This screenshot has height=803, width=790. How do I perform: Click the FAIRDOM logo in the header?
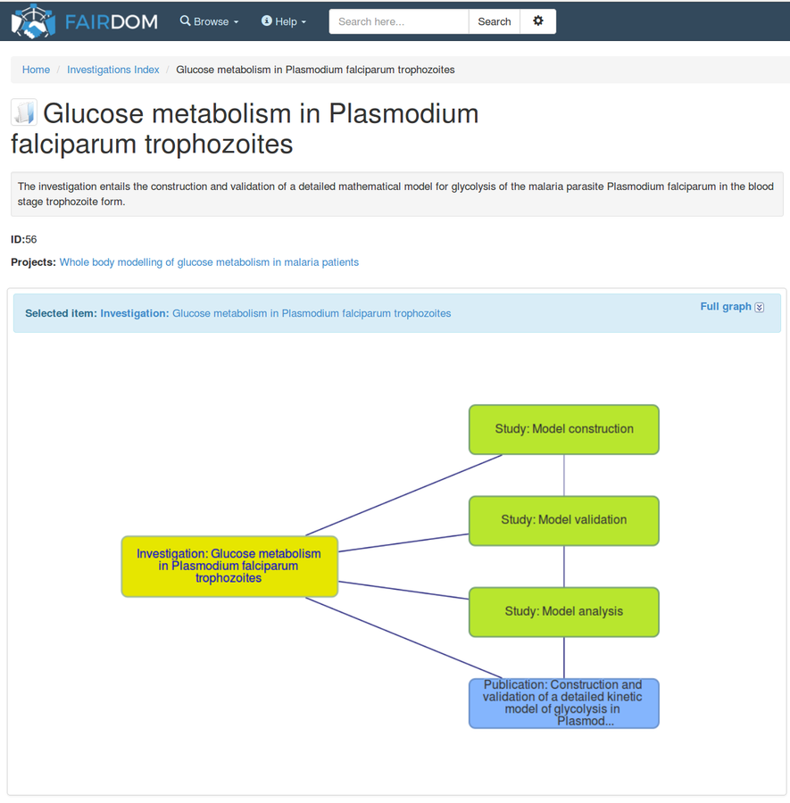tap(85, 21)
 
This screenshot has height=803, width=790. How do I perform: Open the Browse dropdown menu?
tap(210, 21)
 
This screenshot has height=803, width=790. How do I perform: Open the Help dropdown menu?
tap(284, 21)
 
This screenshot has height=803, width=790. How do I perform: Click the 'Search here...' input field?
tap(398, 21)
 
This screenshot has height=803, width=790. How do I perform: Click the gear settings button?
tap(537, 21)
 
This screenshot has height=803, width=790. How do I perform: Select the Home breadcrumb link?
tap(36, 70)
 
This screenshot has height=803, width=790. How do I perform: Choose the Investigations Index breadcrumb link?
tap(113, 70)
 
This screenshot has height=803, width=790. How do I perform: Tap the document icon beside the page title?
tap(24, 113)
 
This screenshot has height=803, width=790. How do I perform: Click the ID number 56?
tap(31, 239)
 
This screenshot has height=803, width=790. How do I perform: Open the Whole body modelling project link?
tap(209, 262)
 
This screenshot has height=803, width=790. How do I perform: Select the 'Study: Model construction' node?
tap(564, 429)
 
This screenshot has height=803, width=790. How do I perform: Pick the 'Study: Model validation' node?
tap(564, 520)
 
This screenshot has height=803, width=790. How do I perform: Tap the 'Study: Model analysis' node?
tap(564, 612)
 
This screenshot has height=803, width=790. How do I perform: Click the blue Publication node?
tap(564, 703)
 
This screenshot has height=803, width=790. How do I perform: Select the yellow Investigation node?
tap(229, 566)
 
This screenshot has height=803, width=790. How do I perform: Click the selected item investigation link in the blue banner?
tap(312, 313)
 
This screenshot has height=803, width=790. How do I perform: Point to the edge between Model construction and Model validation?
tap(564, 476)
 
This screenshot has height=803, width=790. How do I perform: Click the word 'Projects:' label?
tap(33, 262)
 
